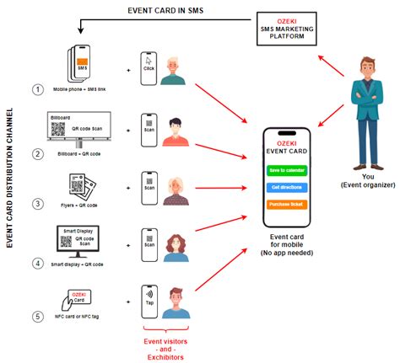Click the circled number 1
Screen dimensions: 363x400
click(x=36, y=88)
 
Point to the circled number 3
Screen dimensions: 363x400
click(x=36, y=204)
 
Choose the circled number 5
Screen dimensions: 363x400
click(x=36, y=317)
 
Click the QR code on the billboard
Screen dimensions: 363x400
click(x=58, y=130)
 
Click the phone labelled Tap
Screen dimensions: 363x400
click(x=149, y=300)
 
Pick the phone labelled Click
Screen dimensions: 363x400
click(x=149, y=67)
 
